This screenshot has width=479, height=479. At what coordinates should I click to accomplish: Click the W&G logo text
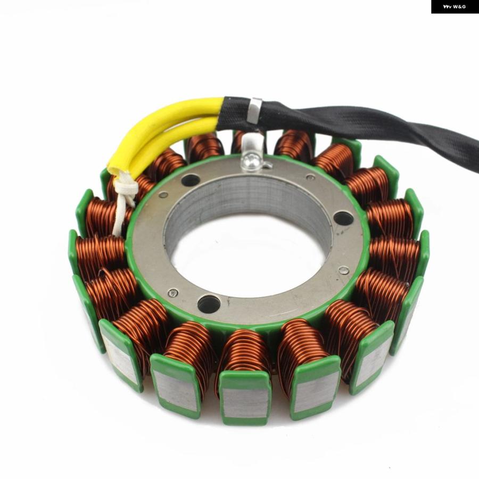455,6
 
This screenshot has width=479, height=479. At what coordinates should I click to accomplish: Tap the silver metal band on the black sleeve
254,110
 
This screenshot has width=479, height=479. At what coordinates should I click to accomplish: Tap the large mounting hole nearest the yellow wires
191,180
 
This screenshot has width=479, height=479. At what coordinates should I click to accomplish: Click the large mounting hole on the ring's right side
343,218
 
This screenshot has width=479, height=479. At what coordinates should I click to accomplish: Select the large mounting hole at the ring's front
209,304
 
